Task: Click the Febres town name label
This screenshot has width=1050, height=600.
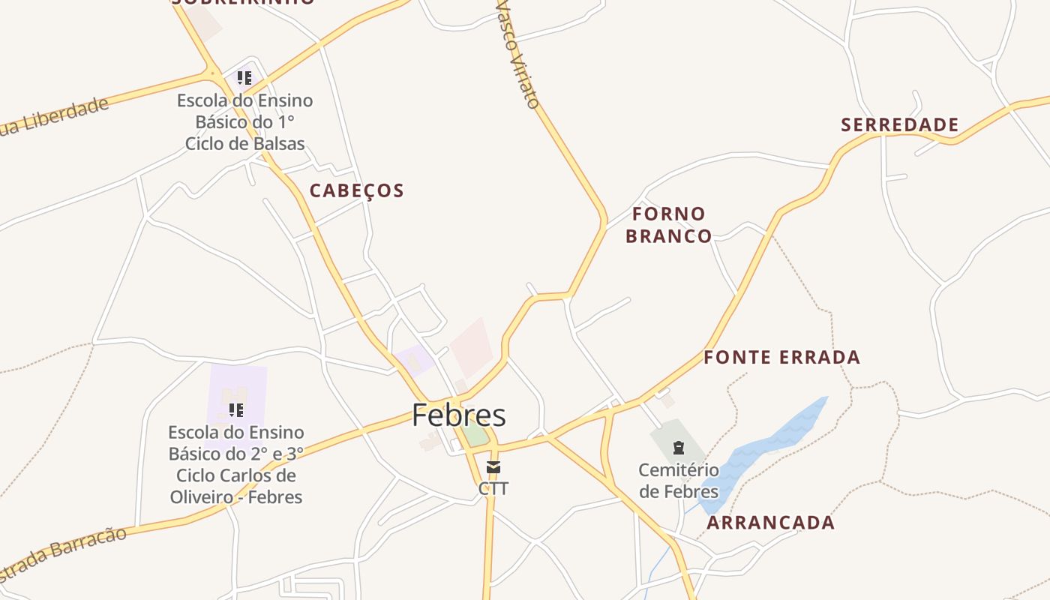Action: [459, 415]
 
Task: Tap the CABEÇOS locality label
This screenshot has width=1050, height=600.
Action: [357, 190]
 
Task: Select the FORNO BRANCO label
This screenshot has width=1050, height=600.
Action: [668, 225]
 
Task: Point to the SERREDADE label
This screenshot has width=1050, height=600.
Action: [899, 124]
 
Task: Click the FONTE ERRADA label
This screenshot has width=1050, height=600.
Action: [781, 358]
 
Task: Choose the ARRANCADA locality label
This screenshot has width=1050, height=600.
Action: [770, 523]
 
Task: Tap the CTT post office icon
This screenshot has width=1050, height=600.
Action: [493, 468]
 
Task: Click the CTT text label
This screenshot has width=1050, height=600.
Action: [493, 489]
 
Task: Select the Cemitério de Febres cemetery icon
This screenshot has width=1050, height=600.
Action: [679, 448]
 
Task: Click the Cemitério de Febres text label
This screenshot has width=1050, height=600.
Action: [679, 481]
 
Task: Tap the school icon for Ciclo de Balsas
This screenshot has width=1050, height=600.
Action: [244, 77]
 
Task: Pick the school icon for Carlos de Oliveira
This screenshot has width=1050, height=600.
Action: [236, 410]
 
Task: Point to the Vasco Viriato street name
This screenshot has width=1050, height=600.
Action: [518, 54]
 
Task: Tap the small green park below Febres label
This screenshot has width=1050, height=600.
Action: [474, 434]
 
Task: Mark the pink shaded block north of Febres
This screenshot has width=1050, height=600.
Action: [472, 347]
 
